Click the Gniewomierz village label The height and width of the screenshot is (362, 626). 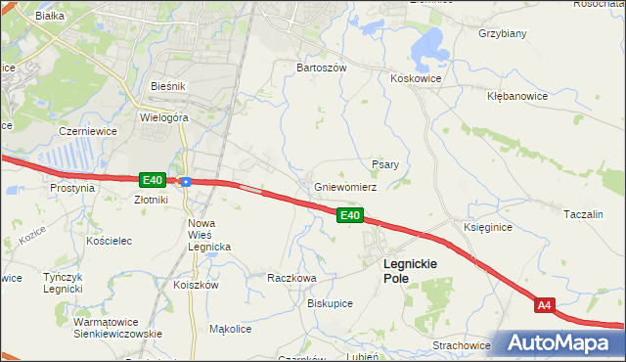(345, 187)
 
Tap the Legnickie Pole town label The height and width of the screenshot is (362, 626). (410, 271)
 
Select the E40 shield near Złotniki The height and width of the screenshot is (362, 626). (151, 180)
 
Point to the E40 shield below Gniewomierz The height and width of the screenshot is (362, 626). (350, 215)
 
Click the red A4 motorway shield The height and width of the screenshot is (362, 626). (546, 306)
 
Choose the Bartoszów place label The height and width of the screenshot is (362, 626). (322, 68)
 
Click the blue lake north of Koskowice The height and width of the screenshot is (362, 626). (427, 45)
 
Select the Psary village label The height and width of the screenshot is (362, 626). (384, 164)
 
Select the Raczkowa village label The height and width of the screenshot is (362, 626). (291, 278)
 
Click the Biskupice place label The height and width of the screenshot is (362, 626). (330, 303)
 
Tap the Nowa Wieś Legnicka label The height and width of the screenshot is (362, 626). (208, 235)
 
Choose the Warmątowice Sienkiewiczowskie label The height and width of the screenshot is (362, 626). (117, 327)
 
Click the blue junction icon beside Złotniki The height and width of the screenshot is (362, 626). (185, 181)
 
